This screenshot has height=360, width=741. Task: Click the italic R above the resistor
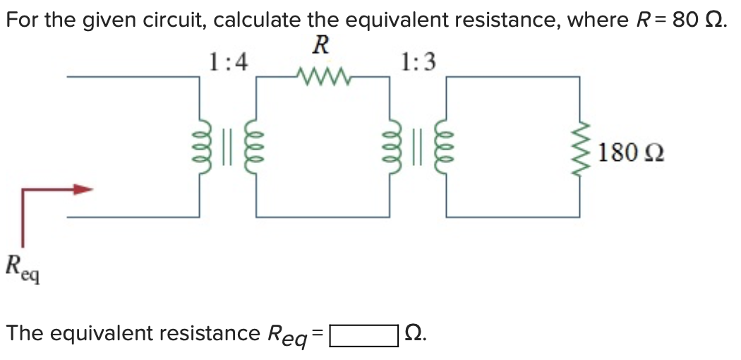click(320, 44)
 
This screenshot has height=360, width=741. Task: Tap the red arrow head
click(85, 189)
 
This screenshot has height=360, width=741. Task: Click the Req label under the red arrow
click(23, 269)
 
